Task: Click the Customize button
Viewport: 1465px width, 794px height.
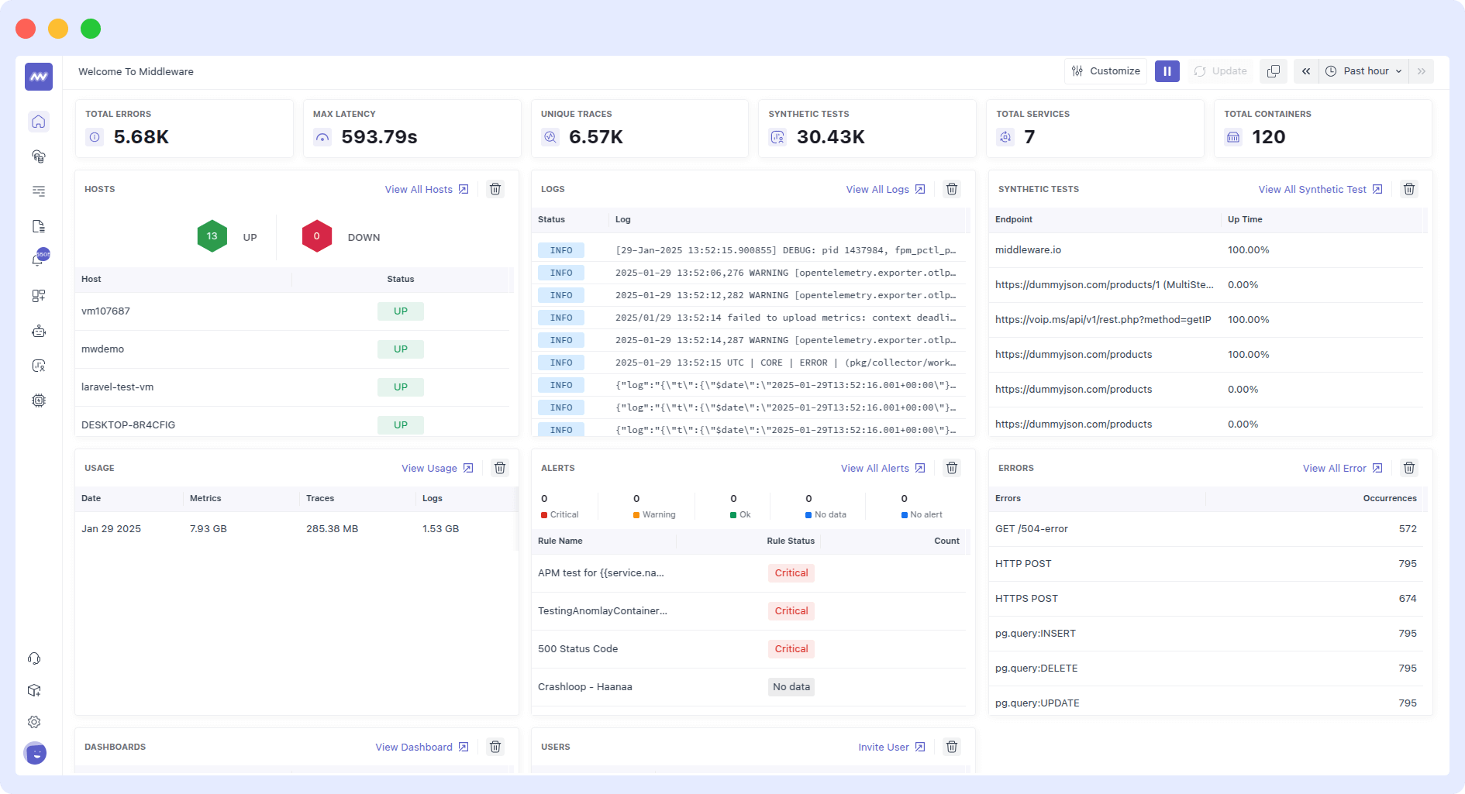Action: pyautogui.click(x=1105, y=71)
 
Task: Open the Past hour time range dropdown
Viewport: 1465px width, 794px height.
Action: pyautogui.click(x=1365, y=71)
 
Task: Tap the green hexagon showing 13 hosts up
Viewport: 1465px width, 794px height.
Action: pyautogui.click(x=212, y=236)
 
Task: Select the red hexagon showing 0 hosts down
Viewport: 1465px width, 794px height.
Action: pyautogui.click(x=316, y=236)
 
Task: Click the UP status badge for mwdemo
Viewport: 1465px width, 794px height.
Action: pyautogui.click(x=400, y=349)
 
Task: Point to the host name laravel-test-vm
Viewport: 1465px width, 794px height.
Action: pyautogui.click(x=117, y=387)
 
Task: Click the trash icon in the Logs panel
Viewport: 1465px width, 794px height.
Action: pyautogui.click(x=952, y=190)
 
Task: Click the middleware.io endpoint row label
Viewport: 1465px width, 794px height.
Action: pyautogui.click(x=1028, y=250)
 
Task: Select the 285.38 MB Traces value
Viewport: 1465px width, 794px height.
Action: pyautogui.click(x=332, y=529)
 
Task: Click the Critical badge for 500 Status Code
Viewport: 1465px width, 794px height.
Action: pyautogui.click(x=791, y=649)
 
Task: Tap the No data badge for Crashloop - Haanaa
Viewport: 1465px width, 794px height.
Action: pyautogui.click(x=791, y=687)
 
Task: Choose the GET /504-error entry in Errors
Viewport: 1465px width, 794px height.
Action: pyautogui.click(x=1031, y=529)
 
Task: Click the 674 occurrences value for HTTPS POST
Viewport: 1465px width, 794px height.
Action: pyautogui.click(x=1407, y=599)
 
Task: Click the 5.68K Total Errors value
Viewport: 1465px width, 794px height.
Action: pyautogui.click(x=141, y=137)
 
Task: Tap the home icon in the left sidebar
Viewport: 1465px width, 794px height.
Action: pyautogui.click(x=39, y=122)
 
